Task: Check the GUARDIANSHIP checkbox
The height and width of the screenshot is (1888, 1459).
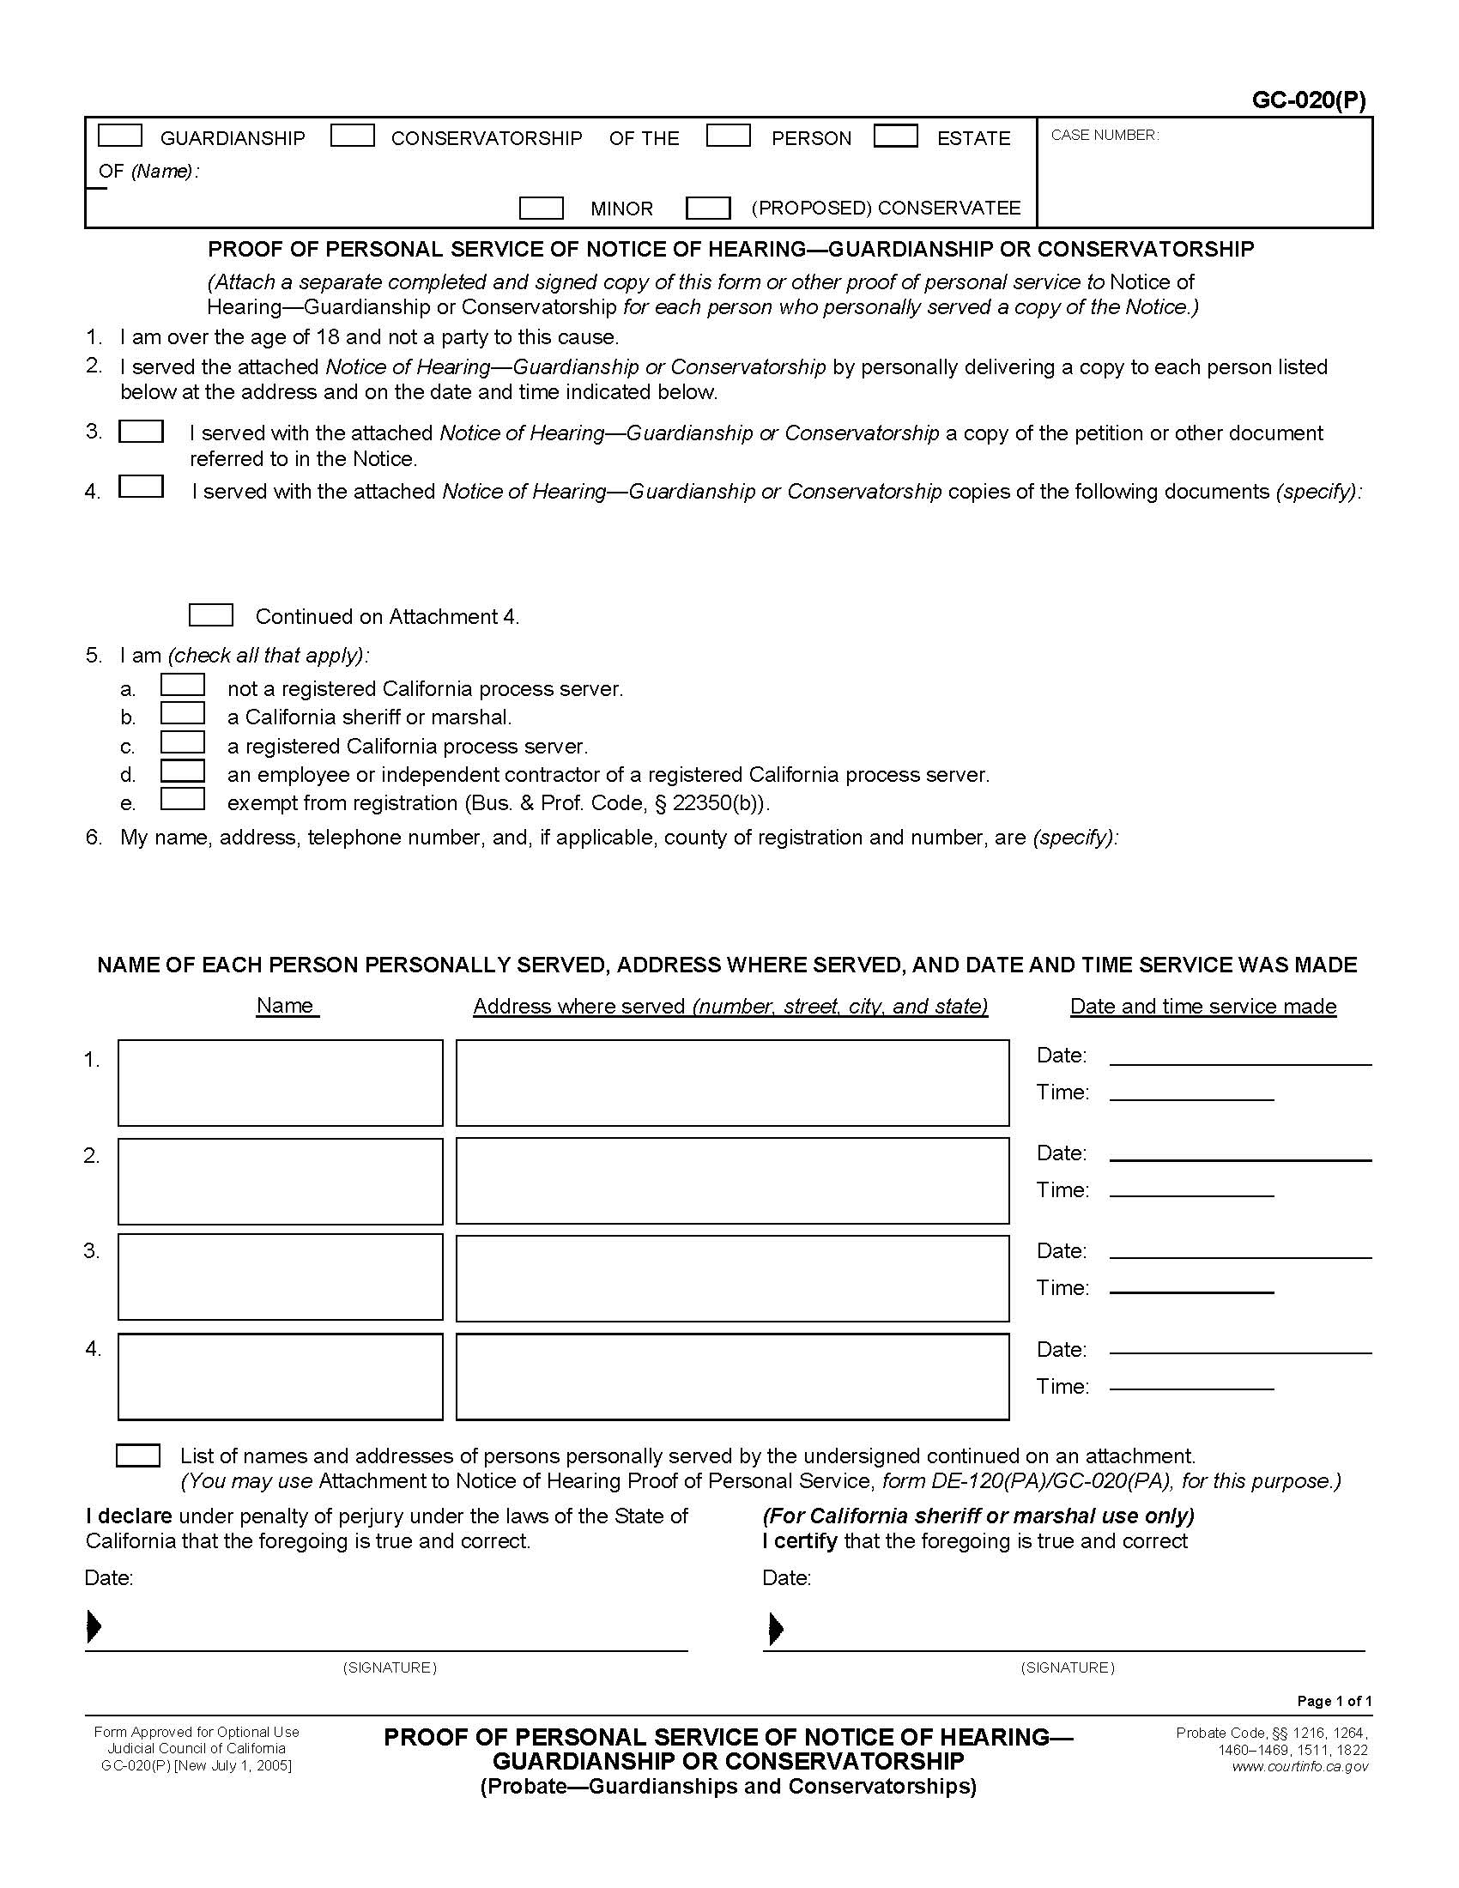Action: [x=119, y=136]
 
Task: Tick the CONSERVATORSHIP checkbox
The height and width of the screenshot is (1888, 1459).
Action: [x=352, y=136]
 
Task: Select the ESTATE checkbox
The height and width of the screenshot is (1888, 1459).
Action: [x=895, y=136]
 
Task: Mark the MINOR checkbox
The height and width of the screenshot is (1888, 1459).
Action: [x=541, y=208]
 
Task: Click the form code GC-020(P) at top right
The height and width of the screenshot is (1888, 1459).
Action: [x=1309, y=101]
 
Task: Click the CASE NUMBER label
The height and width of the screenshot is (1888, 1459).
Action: [x=1104, y=135]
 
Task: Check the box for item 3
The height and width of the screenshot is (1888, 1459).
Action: [x=141, y=432]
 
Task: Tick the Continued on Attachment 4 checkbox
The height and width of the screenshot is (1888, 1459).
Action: [x=211, y=614]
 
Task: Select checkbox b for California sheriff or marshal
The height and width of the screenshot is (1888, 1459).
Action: [x=182, y=713]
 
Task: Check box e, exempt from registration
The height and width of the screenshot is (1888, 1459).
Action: [x=182, y=799]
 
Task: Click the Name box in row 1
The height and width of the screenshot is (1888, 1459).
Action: [x=280, y=1082]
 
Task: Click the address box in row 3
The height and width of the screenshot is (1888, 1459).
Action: [x=732, y=1278]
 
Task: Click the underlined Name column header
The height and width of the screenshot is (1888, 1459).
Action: [x=287, y=1006]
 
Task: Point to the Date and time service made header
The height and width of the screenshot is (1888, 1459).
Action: [x=1202, y=1007]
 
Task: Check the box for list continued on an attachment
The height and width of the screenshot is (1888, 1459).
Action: [x=138, y=1455]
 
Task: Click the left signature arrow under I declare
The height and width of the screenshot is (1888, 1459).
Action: [x=94, y=1627]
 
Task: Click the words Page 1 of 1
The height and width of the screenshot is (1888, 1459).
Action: [x=1334, y=1700]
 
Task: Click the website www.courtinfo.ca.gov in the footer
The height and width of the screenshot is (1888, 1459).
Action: [x=1300, y=1766]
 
